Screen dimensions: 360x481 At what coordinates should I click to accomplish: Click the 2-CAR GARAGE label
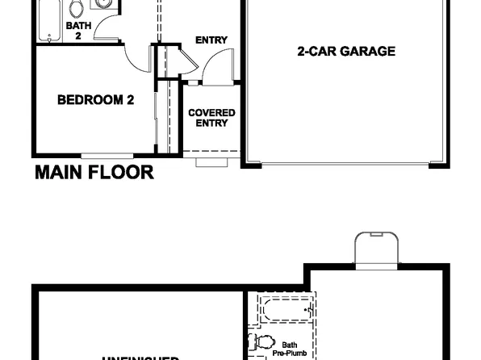[x=345, y=52]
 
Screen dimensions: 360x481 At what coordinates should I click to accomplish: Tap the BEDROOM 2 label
[x=95, y=100]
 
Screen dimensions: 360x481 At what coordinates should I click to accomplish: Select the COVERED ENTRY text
[x=211, y=118]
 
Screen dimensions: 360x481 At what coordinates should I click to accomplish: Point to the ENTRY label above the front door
[x=211, y=40]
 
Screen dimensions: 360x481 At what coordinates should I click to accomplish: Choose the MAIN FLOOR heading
[x=94, y=172]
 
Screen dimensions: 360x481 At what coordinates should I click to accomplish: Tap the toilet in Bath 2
[x=77, y=10]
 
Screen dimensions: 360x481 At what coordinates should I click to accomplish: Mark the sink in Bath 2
[x=104, y=4]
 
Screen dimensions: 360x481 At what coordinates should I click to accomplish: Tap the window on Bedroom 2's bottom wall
[x=107, y=154]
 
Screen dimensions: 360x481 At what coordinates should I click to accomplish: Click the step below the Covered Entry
[x=211, y=161]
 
